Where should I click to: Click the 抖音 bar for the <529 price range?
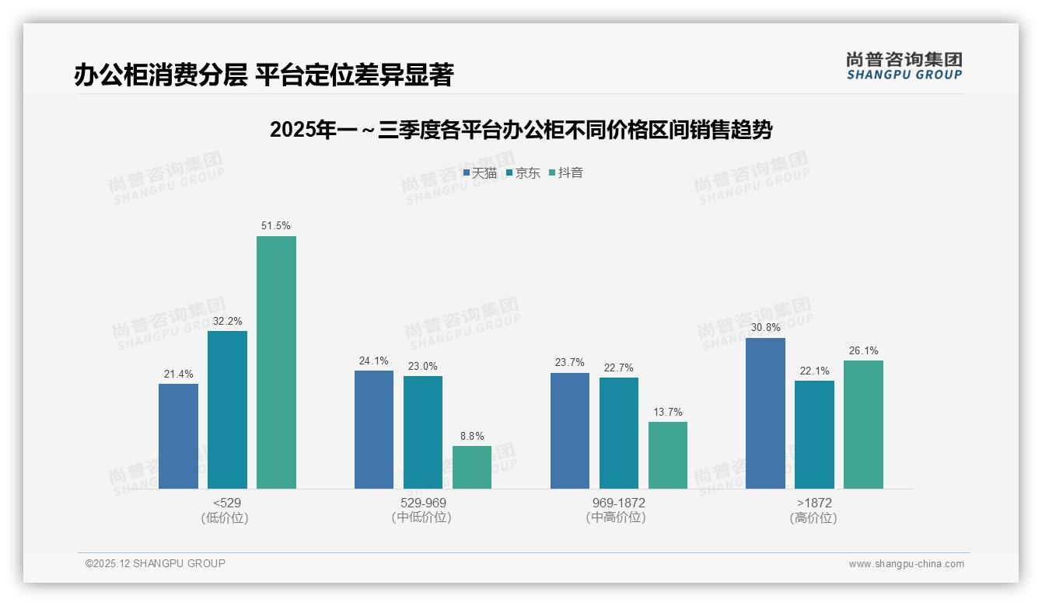(276, 362)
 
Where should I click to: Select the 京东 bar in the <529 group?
(227, 409)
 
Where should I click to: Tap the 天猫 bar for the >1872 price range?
(765, 413)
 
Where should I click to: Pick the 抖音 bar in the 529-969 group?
(472, 467)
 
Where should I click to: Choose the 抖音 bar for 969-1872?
(668, 455)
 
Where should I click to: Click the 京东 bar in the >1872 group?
(814, 434)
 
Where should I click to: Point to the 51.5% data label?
(276, 226)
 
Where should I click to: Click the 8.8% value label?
(472, 436)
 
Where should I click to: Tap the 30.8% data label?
(765, 328)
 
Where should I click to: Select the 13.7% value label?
(668, 413)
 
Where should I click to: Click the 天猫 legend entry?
(480, 173)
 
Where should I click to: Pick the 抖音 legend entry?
(566, 173)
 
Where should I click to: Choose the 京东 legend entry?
(523, 173)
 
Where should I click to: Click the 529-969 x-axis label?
(422, 503)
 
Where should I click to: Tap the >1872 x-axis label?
(813, 503)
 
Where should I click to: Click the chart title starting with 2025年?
(520, 131)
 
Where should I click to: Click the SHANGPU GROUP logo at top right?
(904, 66)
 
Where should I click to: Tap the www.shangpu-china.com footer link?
(906, 564)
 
